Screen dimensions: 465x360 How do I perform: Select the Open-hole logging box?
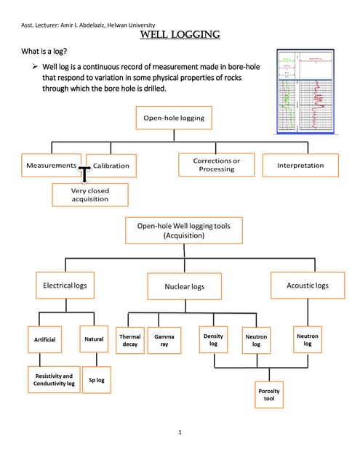tap(174, 118)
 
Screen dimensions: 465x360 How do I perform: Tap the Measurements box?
tap(51, 166)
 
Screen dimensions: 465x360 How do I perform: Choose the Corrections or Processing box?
tap(216, 165)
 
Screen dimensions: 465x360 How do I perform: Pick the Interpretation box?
tap(300, 166)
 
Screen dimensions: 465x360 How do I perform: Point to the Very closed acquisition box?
tap(90, 195)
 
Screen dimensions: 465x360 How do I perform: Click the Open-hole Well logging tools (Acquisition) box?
tap(184, 231)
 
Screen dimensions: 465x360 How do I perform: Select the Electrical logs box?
tap(65, 286)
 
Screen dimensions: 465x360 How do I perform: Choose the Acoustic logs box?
tap(308, 286)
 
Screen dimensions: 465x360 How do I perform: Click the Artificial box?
tap(44, 339)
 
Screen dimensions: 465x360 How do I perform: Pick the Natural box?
tap(94, 339)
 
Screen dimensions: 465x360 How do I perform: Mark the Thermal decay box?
tap(129, 340)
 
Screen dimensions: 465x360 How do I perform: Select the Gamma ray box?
tap(164, 340)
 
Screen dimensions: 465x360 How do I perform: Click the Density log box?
tap(213, 340)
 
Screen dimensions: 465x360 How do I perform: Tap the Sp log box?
tap(96, 379)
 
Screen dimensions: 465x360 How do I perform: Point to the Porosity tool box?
tap(269, 395)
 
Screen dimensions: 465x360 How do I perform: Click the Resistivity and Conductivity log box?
tap(54, 379)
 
